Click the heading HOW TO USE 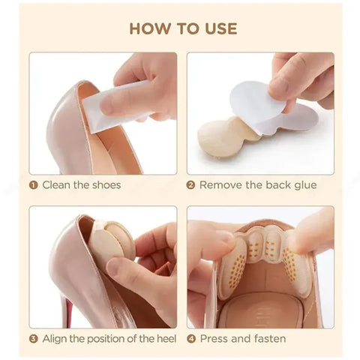(182, 28)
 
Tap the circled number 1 (34, 184)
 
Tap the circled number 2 (191, 184)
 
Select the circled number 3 (34, 339)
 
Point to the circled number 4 (191, 339)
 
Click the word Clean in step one (57, 184)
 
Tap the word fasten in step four (268, 339)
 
